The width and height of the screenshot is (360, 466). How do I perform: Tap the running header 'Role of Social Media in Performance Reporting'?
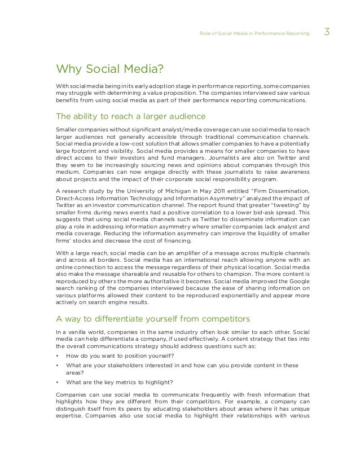coord(254,34)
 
